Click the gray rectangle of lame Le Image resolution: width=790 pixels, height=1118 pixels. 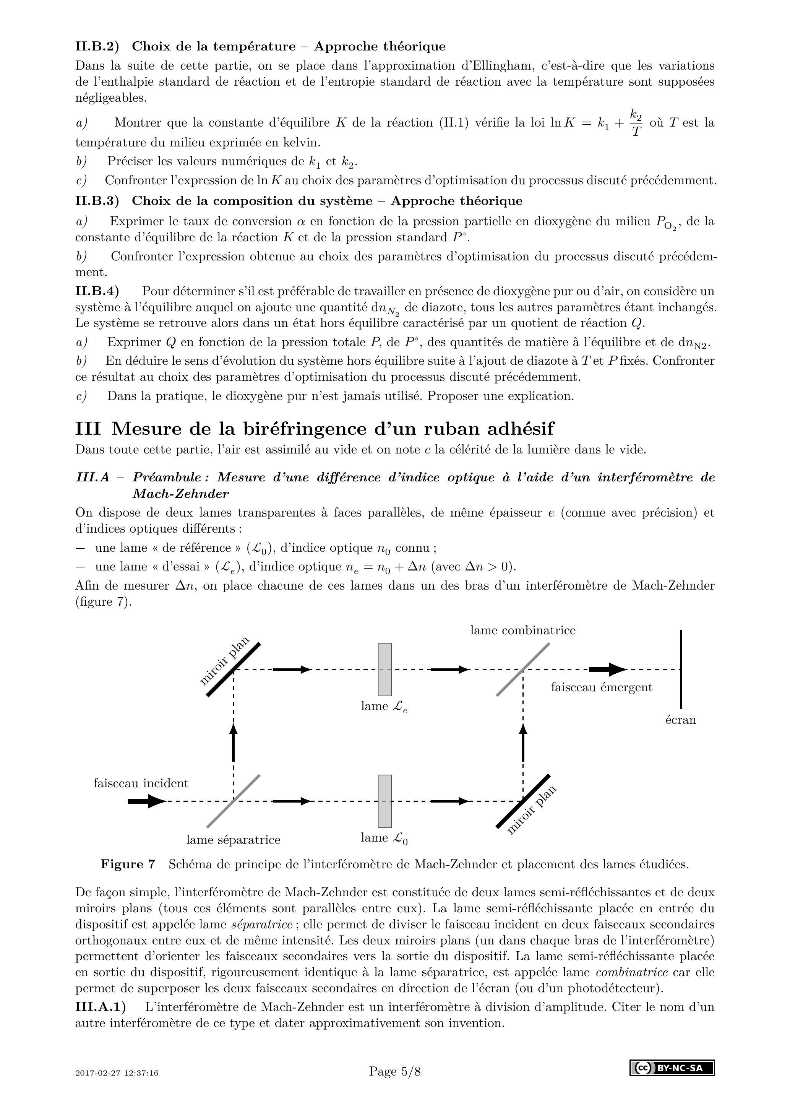tap(384, 669)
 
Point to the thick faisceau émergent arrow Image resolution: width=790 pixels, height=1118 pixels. tap(607, 669)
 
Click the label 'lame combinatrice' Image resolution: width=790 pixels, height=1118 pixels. tap(522, 630)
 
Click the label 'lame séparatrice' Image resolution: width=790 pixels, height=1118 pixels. tap(233, 840)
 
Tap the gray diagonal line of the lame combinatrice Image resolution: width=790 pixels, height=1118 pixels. tap(523, 669)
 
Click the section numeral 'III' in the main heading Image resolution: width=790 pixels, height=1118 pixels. tap(88, 429)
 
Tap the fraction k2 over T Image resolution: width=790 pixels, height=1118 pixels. tap(636, 123)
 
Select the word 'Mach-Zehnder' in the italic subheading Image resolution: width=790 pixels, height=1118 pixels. tap(180, 494)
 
